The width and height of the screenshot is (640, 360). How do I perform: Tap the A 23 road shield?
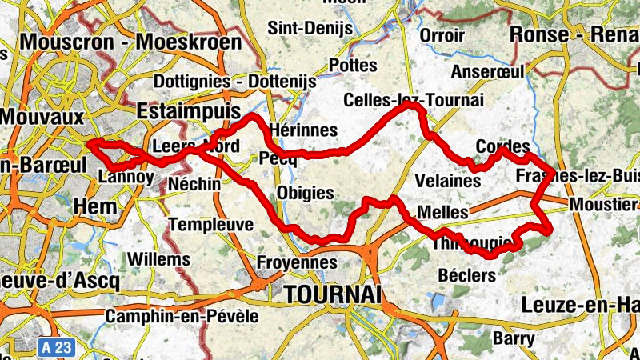pyautogui.click(x=54, y=347)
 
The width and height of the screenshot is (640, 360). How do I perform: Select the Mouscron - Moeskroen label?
pyautogui.click(x=132, y=41)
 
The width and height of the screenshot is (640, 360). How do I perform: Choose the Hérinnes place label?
pyautogui.click(x=303, y=130)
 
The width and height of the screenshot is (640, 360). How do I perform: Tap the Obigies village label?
pyautogui.click(x=305, y=192)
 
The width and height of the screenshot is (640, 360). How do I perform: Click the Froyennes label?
pyautogui.click(x=296, y=262)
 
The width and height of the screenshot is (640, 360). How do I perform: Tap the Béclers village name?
pyautogui.click(x=467, y=275)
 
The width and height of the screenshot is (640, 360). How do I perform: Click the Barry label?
pyautogui.click(x=514, y=338)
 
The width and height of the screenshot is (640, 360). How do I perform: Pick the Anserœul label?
pyautogui.click(x=487, y=71)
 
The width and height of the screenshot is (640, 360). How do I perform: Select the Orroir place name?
pyautogui.click(x=442, y=36)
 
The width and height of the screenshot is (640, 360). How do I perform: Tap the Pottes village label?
pyautogui.click(x=352, y=65)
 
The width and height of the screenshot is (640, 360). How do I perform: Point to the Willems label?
pyautogui.click(x=158, y=259)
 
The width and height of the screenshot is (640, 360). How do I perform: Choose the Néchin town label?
pyautogui.click(x=194, y=184)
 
